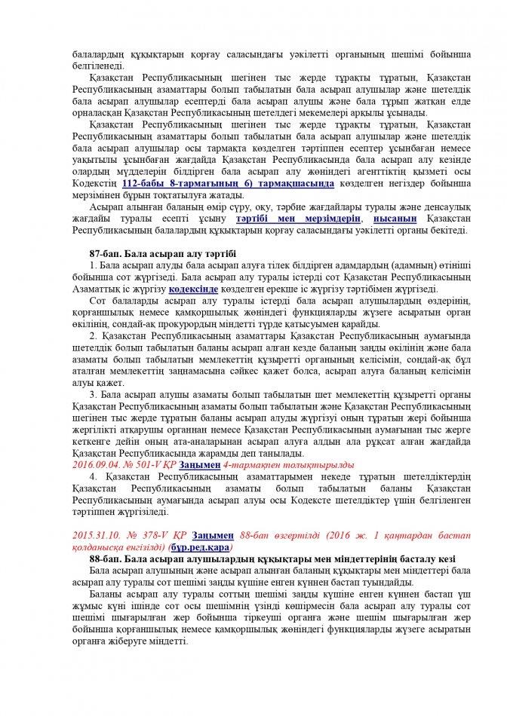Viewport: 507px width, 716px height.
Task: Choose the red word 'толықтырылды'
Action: (294, 465)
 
